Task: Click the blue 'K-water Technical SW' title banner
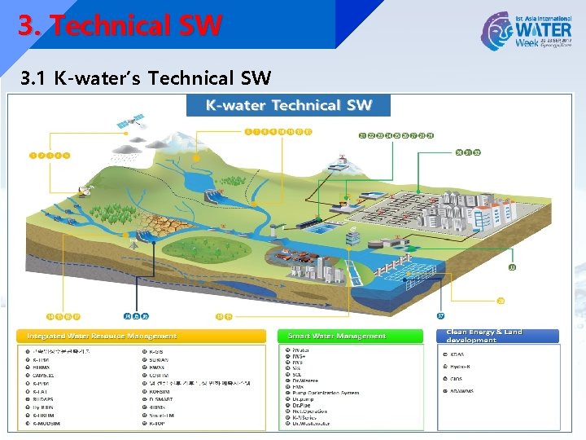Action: point(288,105)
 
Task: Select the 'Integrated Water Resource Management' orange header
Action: point(102,336)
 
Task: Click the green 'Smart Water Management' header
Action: point(337,336)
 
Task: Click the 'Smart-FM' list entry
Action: point(161,414)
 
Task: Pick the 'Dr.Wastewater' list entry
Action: point(311,424)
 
